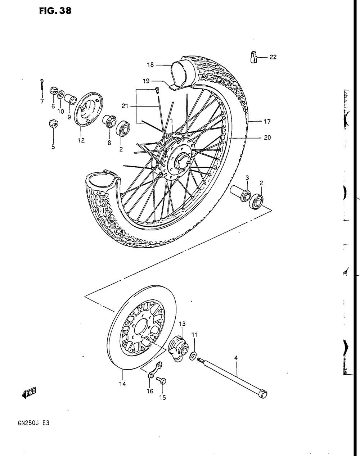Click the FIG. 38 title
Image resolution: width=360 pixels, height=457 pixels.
(55, 11)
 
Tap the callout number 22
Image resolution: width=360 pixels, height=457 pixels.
(273, 57)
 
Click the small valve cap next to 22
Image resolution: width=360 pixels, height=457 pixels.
(254, 57)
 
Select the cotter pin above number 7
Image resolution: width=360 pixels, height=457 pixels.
(42, 85)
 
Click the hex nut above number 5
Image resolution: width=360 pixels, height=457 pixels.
(53, 124)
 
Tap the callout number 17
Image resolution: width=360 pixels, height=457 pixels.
(267, 122)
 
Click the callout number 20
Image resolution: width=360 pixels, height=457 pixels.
(267, 137)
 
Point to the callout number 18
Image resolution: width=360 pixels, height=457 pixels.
(150, 65)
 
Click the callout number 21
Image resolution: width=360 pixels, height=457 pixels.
(125, 106)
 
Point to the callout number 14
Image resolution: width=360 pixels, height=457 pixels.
(122, 384)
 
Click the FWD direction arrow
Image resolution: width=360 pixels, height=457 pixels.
(29, 394)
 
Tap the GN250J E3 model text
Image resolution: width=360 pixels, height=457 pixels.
(33, 423)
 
